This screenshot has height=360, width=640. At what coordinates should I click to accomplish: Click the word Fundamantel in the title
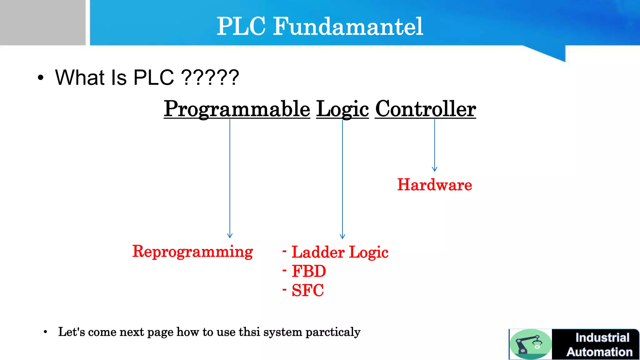point(348,26)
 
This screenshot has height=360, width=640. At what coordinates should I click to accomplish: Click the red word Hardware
point(434,185)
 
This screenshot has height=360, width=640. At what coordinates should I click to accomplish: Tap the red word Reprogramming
point(192,252)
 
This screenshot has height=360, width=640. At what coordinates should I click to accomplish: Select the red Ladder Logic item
point(340,252)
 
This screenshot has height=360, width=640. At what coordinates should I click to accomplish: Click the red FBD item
point(309,271)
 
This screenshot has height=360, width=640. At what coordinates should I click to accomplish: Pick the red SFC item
point(307,290)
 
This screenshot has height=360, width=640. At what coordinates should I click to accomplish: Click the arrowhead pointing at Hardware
point(434,169)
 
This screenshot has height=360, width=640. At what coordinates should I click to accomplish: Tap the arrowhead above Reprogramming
point(230,236)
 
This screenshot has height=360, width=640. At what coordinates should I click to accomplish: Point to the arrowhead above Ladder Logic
point(342,236)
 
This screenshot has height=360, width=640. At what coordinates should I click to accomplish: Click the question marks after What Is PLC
point(210,77)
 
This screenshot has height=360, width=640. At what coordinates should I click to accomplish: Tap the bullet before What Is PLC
point(41,77)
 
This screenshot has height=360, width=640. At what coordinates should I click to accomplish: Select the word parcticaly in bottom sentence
point(333,332)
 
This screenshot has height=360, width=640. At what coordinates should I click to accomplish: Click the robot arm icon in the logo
point(530,344)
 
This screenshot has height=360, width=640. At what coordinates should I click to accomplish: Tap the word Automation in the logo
point(599,352)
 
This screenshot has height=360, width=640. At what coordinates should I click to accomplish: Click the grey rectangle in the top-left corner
point(42,22)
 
